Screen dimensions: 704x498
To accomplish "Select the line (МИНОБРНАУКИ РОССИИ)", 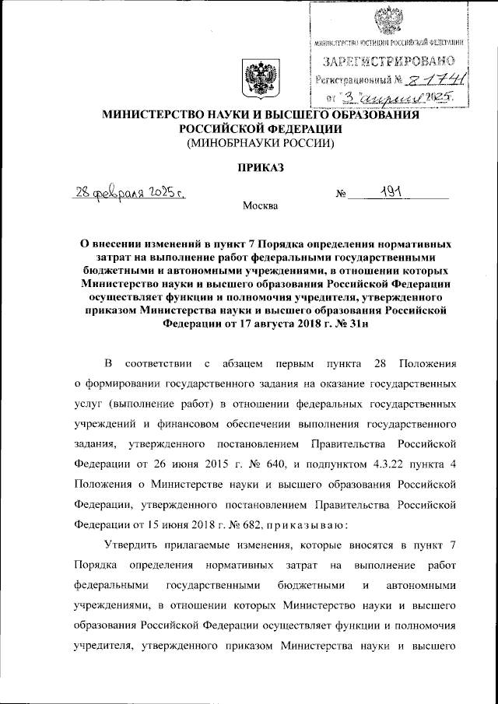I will pos(256,143).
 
